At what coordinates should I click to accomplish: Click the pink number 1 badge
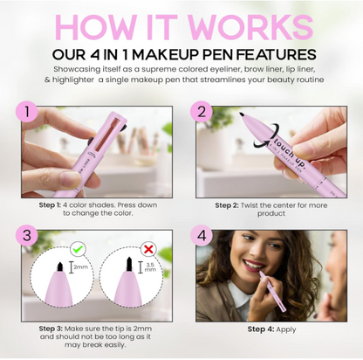click(30, 114)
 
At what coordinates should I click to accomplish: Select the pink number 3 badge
click(30, 237)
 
